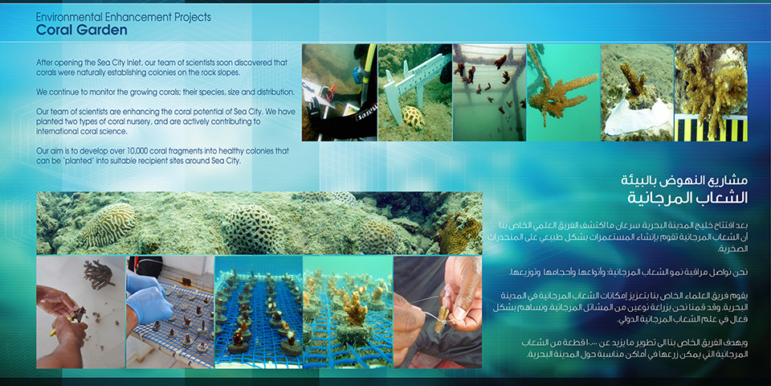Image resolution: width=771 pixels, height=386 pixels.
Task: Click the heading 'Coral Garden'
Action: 82,30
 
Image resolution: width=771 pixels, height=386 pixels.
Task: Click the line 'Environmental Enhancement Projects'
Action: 124,17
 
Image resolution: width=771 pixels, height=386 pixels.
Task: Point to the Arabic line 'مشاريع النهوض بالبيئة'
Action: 685,180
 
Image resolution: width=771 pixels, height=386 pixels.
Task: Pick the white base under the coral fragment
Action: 636,118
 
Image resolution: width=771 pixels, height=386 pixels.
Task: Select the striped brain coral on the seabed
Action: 108,224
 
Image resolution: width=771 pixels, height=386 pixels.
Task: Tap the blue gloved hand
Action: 147,297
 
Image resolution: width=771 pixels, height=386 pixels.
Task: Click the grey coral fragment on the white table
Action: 99,273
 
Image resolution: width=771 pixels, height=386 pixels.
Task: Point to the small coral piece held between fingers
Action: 443,319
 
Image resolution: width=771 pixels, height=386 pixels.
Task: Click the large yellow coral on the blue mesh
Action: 356,309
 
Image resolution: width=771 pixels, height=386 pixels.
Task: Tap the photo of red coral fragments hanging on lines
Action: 489,92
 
